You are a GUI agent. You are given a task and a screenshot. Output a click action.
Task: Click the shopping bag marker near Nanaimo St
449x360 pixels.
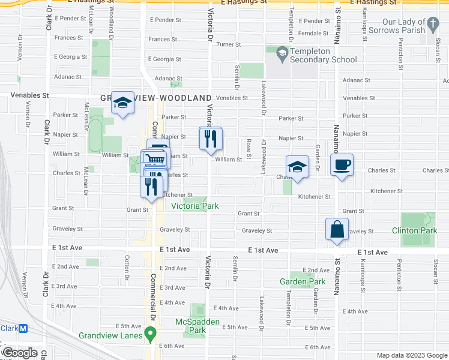point(337,229)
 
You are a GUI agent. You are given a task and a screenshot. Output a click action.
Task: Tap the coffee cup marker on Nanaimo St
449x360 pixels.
point(342,165)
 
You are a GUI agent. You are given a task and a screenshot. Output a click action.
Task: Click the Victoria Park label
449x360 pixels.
point(194,206)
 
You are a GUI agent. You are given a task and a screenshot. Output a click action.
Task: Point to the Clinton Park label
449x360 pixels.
point(414,230)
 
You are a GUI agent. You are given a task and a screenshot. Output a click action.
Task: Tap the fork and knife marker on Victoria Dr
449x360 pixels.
point(210,139)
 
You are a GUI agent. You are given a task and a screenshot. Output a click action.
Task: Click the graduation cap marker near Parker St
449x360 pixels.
point(122,103)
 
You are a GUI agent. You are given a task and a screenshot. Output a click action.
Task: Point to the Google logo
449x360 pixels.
point(20,353)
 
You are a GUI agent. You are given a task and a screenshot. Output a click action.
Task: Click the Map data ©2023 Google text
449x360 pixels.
point(411,355)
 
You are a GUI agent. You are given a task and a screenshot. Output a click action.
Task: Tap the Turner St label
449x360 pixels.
point(229,44)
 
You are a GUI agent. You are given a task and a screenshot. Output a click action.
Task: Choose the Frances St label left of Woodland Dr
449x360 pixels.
point(68,37)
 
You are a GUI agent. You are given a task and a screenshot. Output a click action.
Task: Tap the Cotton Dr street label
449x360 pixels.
point(127,262)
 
